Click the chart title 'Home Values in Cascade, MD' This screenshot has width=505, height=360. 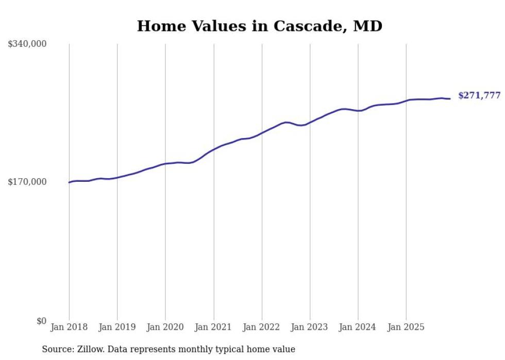(x=259, y=26)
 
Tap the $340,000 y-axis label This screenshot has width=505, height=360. (x=27, y=44)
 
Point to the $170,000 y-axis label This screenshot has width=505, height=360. (x=27, y=182)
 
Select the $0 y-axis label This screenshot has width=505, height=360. (x=41, y=321)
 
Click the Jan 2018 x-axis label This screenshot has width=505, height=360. (x=69, y=327)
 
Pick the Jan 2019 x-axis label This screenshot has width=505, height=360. (x=117, y=327)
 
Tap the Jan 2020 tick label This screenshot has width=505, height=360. (x=165, y=327)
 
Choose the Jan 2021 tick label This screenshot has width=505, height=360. (x=213, y=327)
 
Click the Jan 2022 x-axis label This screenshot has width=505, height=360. (x=262, y=327)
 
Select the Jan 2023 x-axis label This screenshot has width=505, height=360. (x=310, y=327)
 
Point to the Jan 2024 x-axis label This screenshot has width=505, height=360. (x=358, y=327)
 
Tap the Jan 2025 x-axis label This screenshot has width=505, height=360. (x=406, y=327)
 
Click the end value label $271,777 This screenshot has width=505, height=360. (x=479, y=96)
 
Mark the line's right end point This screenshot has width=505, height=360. (x=450, y=99)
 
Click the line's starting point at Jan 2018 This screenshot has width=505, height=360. (x=69, y=182)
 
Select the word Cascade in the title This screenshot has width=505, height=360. (x=297, y=26)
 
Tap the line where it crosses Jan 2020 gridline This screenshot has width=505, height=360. (x=165, y=164)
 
